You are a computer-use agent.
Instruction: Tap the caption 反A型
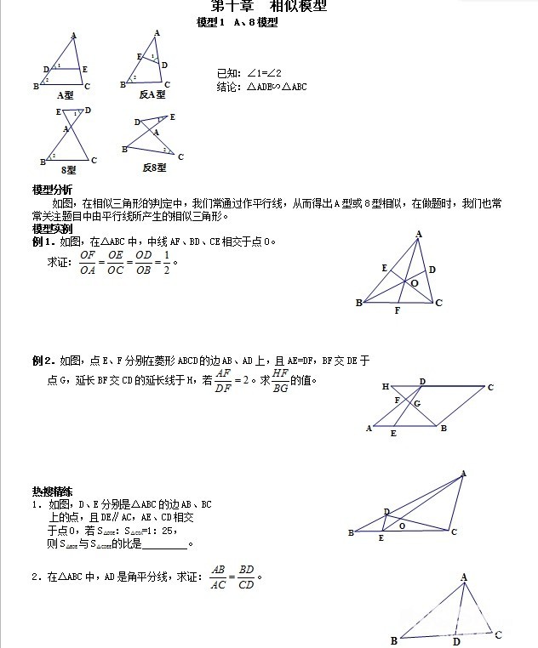pyautogui.click(x=152, y=95)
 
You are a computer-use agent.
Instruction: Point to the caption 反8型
pyautogui.click(x=154, y=168)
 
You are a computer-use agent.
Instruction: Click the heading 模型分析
pyautogui.click(x=52, y=189)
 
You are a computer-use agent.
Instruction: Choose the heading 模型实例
pyautogui.click(x=52, y=229)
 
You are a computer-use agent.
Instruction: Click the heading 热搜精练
pyautogui.click(x=52, y=492)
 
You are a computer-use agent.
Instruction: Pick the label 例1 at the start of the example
pyautogui.click(x=43, y=242)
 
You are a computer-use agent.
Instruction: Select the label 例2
pyautogui.click(x=43, y=361)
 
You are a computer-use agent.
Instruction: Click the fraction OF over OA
pyautogui.click(x=88, y=262)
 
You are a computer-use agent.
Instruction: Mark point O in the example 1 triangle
pyautogui.click(x=415, y=283)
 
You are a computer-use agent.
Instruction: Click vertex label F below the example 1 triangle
pyautogui.click(x=397, y=312)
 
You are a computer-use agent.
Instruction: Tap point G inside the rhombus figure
pyautogui.click(x=416, y=403)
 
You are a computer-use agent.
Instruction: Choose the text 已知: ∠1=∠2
pyautogui.click(x=249, y=73)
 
